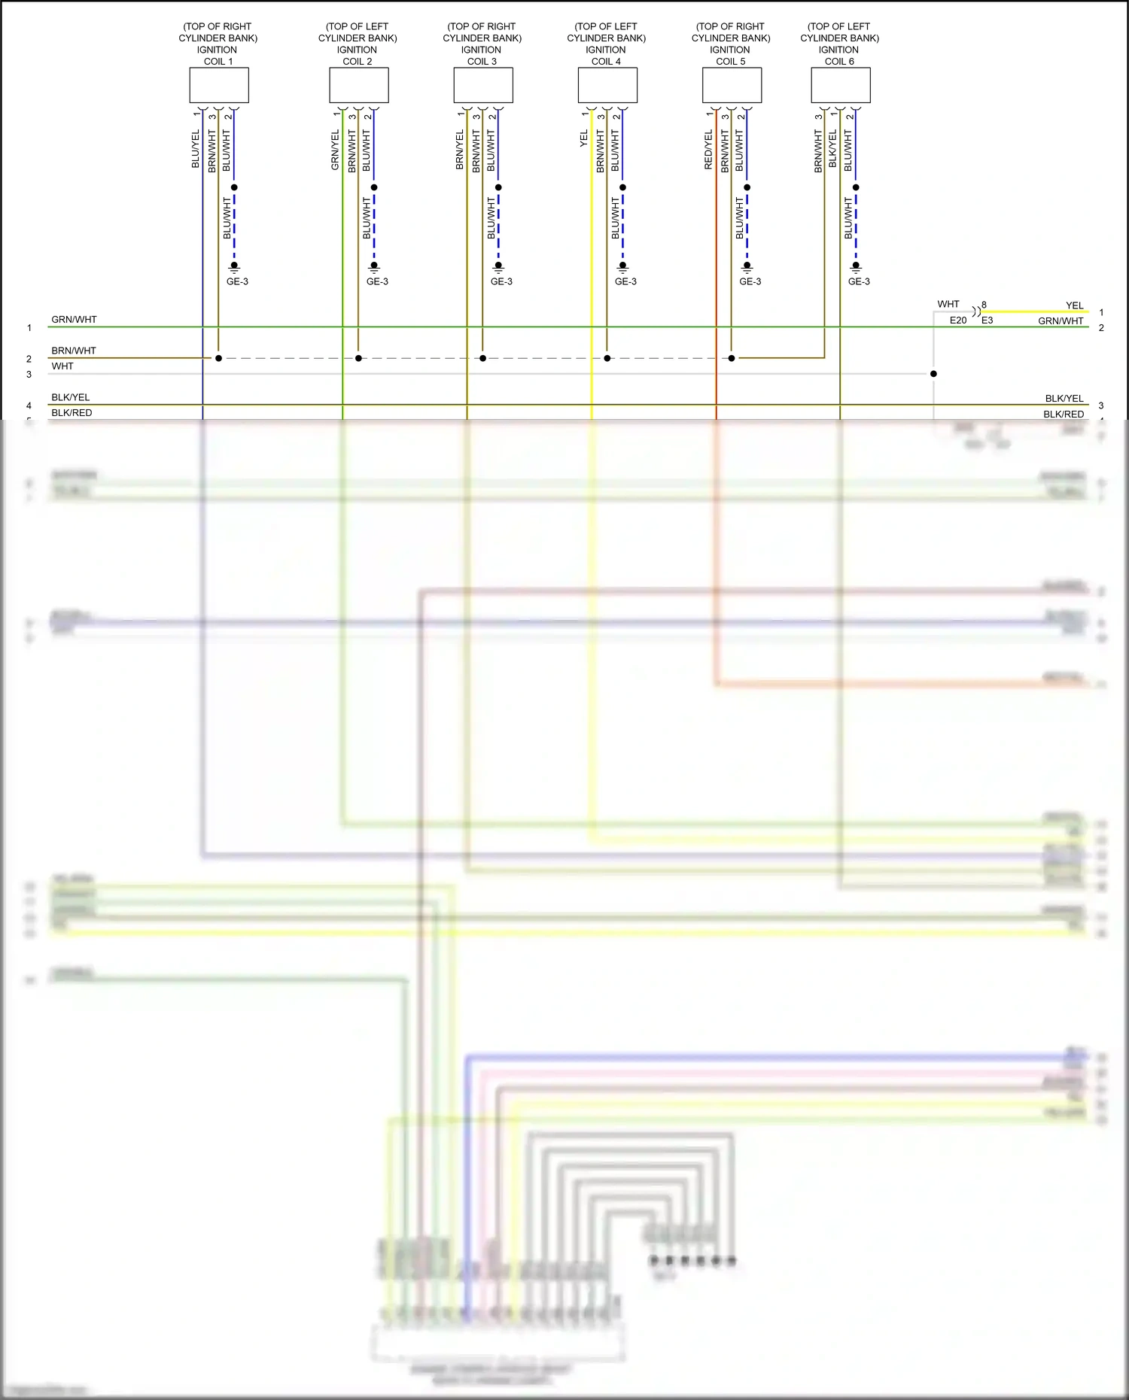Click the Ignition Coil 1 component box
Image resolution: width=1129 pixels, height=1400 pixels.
[x=219, y=85]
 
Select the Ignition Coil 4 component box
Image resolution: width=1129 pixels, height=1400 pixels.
[x=607, y=85]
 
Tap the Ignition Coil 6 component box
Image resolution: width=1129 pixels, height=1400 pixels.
[x=841, y=85]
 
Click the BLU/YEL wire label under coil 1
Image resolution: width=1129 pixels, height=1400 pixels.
[x=196, y=149]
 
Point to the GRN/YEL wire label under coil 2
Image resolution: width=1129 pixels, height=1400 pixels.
[x=336, y=150]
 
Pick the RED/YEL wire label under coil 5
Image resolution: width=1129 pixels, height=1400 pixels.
[x=708, y=150]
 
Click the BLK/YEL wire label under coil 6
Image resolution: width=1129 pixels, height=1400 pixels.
[x=832, y=149]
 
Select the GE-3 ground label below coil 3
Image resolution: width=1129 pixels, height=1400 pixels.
[x=501, y=281]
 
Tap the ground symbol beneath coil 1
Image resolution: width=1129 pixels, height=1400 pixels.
[x=234, y=266]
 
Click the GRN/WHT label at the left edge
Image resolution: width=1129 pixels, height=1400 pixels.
[x=74, y=320]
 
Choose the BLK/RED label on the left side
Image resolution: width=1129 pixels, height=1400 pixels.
[x=72, y=413]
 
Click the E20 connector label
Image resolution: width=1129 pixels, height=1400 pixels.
[x=957, y=320]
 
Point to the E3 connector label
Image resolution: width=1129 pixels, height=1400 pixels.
[x=987, y=320]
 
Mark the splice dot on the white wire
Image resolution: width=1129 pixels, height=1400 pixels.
[x=933, y=374]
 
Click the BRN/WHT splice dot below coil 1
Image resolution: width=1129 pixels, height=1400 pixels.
[x=218, y=358]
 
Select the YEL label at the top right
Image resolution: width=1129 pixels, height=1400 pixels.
[x=1074, y=305]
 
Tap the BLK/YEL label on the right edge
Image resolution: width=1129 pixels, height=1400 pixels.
[x=1064, y=399]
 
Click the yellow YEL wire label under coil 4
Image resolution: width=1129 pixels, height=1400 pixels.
[x=584, y=138]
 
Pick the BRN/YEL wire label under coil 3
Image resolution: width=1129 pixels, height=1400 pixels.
[x=460, y=150]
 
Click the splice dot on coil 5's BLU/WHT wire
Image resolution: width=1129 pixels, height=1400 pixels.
[x=747, y=187]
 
